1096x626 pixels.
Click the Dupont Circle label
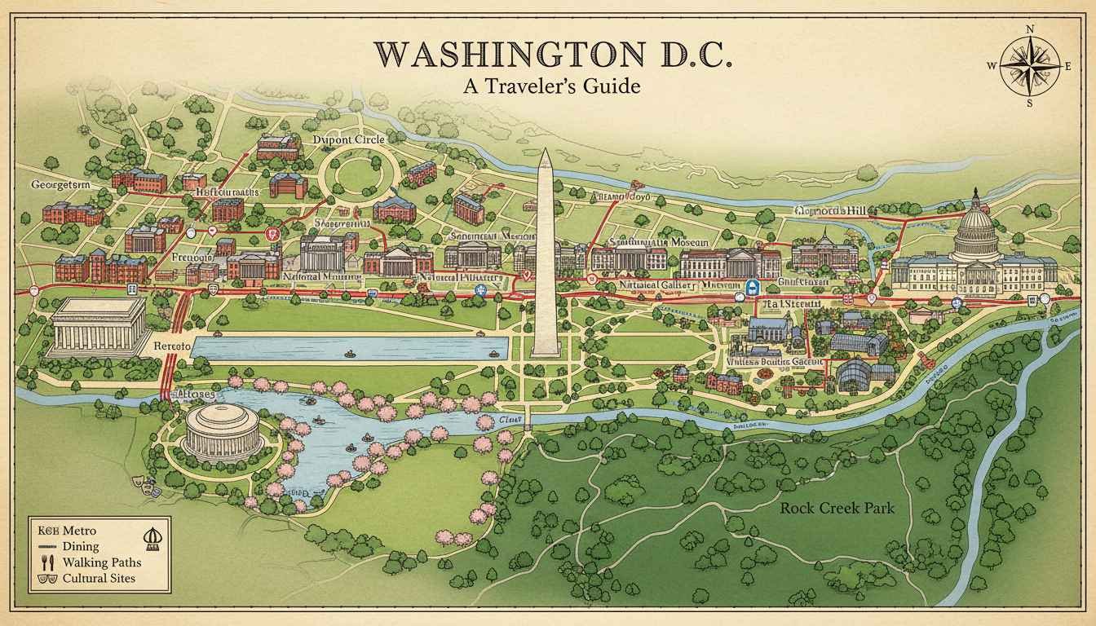pos(348,139)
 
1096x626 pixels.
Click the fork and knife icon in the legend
pos(46,562)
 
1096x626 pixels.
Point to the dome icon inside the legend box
pos(151,538)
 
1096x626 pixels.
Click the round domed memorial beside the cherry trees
pos(222,431)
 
